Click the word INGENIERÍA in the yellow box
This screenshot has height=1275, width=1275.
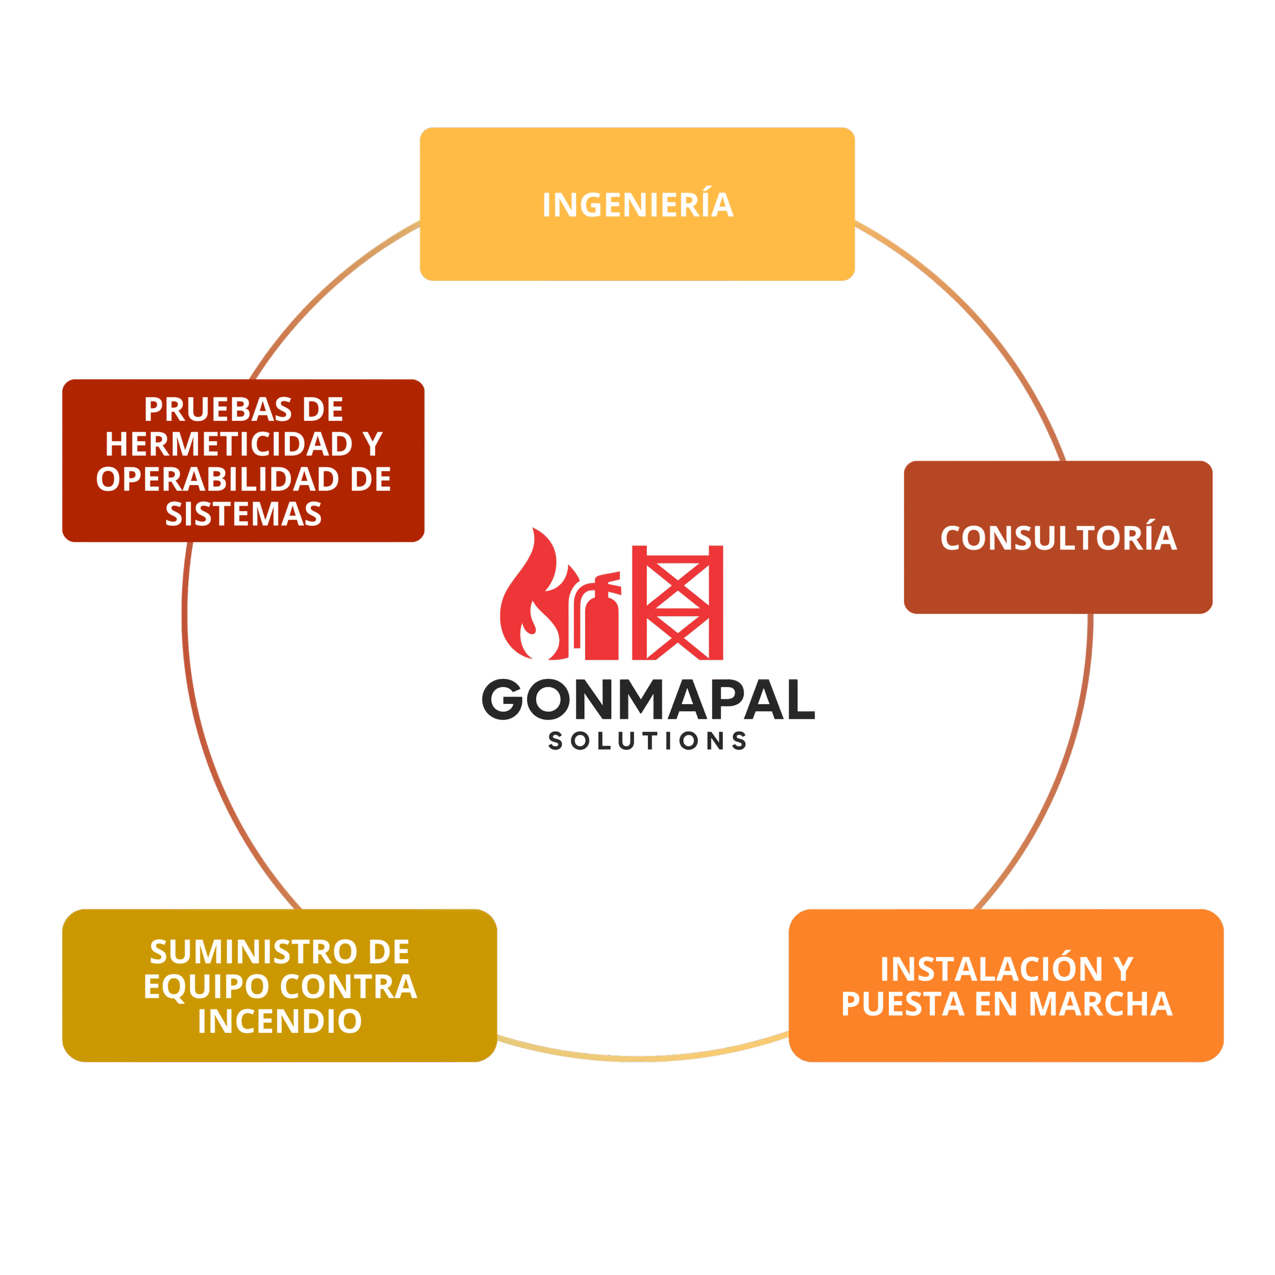pyautogui.click(x=637, y=205)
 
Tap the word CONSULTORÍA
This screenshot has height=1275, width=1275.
pyautogui.click(x=1058, y=538)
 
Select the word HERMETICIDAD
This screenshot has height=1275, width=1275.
pyautogui.click(x=228, y=444)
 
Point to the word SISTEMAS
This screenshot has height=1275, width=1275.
pyautogui.click(x=244, y=514)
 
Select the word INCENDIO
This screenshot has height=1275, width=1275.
pyautogui.click(x=279, y=1021)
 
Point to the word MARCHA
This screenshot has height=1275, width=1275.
pyautogui.click(x=1100, y=1004)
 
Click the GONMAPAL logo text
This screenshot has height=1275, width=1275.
pyautogui.click(x=648, y=700)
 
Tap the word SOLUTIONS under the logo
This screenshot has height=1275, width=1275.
pyautogui.click(x=647, y=741)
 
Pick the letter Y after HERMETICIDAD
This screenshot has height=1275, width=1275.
pyautogui.click(x=372, y=444)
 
